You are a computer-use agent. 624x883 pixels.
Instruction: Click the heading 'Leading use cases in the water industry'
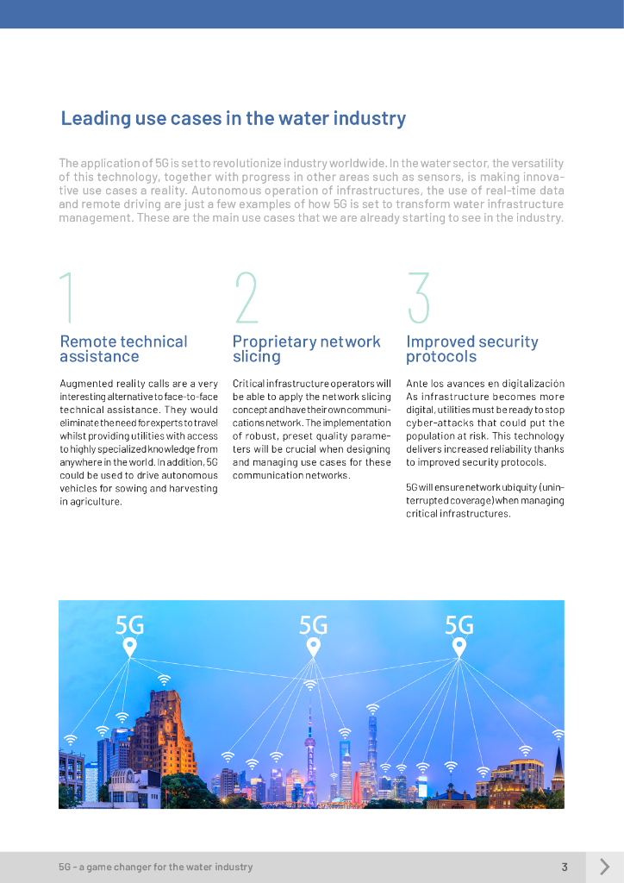(233, 119)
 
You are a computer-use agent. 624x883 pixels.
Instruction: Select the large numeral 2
(246, 298)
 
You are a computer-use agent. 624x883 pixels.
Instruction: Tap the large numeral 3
(419, 298)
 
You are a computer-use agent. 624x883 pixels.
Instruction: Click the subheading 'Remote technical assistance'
(123, 349)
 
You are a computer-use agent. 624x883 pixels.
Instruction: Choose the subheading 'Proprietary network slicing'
(306, 349)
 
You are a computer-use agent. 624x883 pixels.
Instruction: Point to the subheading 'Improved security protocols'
(471, 349)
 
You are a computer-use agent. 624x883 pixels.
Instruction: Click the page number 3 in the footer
(565, 867)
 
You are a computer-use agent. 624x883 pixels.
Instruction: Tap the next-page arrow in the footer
(604, 867)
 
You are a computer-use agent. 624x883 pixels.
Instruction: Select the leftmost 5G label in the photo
(130, 624)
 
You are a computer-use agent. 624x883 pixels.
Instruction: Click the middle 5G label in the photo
(313, 624)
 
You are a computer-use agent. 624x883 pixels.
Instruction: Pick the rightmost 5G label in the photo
(459, 624)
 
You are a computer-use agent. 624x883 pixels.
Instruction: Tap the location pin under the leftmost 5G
(129, 646)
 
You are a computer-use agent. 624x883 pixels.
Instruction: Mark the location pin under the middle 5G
(313, 646)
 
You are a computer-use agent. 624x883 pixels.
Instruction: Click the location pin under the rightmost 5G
(459, 646)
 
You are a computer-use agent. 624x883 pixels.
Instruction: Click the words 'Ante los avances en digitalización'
(484, 384)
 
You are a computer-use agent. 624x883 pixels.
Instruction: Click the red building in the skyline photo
(354, 786)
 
